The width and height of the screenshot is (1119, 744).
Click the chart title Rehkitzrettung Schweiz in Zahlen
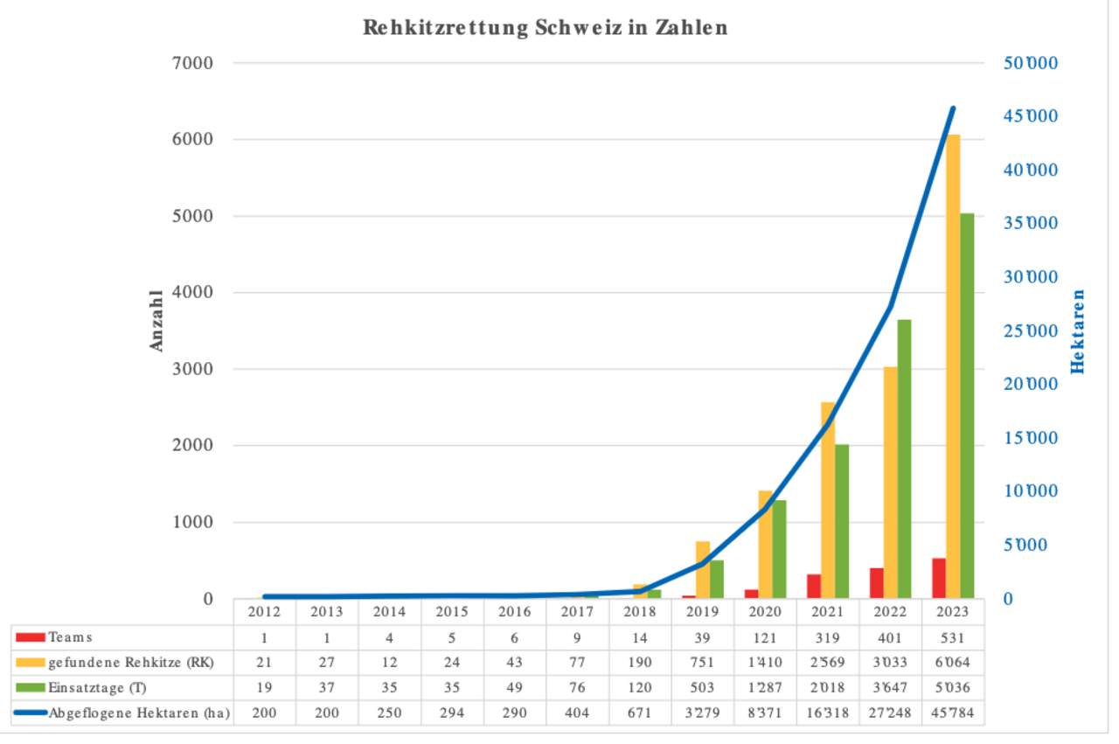click(x=545, y=28)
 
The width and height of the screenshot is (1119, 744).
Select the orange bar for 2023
click(x=953, y=367)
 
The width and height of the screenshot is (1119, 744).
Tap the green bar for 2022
click(x=904, y=459)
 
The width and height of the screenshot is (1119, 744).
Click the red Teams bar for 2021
click(x=814, y=587)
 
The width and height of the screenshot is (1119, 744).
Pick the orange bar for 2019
click(x=702, y=570)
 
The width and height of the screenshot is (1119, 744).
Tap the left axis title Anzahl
click(x=157, y=321)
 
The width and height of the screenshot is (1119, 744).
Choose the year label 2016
click(x=514, y=612)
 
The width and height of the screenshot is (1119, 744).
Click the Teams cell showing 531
click(x=953, y=637)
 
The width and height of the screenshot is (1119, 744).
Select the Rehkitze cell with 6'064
click(x=953, y=663)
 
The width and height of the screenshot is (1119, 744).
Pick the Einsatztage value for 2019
click(x=702, y=688)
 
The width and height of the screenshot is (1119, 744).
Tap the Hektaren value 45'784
click(x=953, y=713)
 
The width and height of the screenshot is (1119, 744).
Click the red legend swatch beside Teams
click(x=31, y=637)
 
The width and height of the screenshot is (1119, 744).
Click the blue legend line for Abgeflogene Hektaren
click(x=31, y=713)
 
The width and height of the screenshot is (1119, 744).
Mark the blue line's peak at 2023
click(x=953, y=108)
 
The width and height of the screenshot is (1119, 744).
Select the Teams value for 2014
click(x=389, y=637)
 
